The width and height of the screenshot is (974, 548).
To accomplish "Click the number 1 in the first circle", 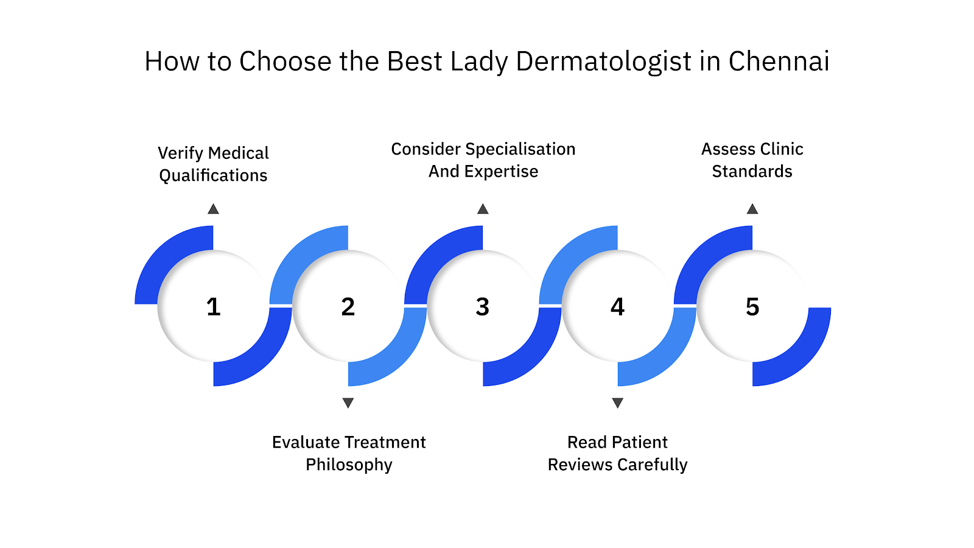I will click(213, 307).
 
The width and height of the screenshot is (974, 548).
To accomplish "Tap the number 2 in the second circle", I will click(348, 307).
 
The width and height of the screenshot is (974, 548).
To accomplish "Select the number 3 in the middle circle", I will click(483, 307).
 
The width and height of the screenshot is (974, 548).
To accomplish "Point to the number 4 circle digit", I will click(617, 307).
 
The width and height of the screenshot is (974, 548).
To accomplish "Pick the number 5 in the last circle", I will click(752, 307).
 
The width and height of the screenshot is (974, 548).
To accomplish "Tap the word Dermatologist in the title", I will click(603, 61).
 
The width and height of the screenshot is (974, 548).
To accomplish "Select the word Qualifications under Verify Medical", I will click(213, 175).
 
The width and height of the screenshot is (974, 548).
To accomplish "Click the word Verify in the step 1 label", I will click(180, 153).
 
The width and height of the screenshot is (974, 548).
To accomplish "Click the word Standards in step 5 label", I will click(752, 172).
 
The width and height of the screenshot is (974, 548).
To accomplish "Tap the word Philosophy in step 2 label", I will click(349, 465).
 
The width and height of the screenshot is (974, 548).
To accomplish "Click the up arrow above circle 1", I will click(213, 209).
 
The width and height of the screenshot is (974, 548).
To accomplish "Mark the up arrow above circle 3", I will click(483, 209).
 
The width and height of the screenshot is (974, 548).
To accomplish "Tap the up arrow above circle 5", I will click(752, 209).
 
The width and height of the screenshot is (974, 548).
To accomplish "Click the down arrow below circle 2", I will click(348, 402).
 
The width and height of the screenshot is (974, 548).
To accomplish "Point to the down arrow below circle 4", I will click(617, 402).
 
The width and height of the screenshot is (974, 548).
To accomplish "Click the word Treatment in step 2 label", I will click(387, 442).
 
